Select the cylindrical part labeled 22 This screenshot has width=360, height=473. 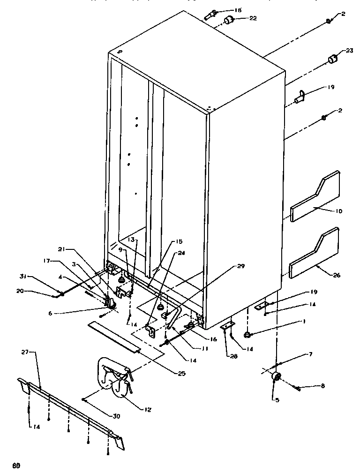tap(229, 20)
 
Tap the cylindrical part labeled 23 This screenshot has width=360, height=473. tap(332, 59)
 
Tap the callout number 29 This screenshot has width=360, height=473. tap(241, 266)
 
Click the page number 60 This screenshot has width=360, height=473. tap(16, 465)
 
